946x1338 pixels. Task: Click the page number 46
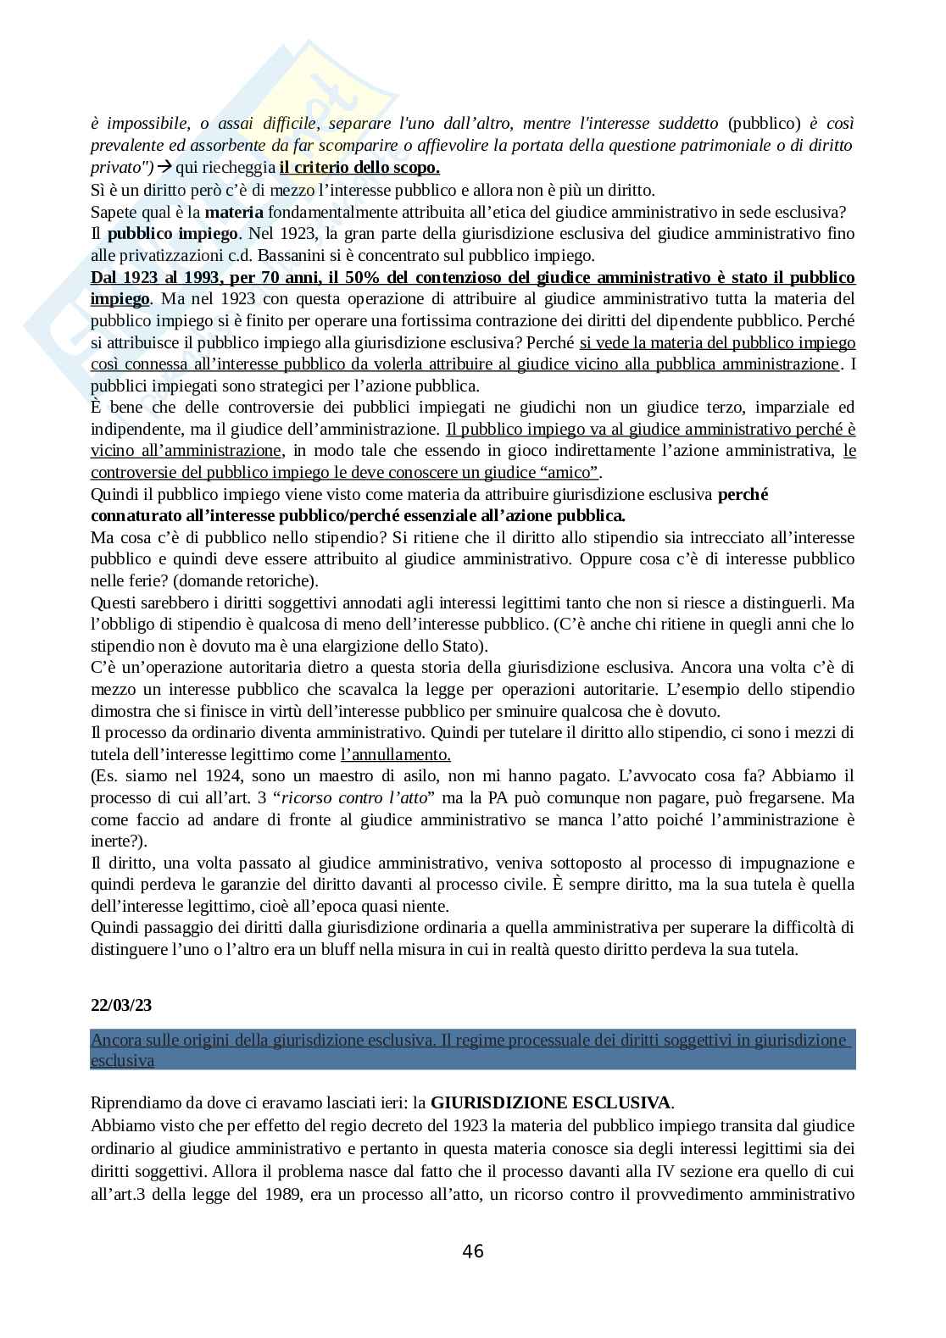click(x=473, y=1252)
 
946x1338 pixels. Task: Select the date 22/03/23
click(x=122, y=1005)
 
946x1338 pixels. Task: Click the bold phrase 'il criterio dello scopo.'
click(x=359, y=168)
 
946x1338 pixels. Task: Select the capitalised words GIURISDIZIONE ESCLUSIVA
click(x=551, y=1102)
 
